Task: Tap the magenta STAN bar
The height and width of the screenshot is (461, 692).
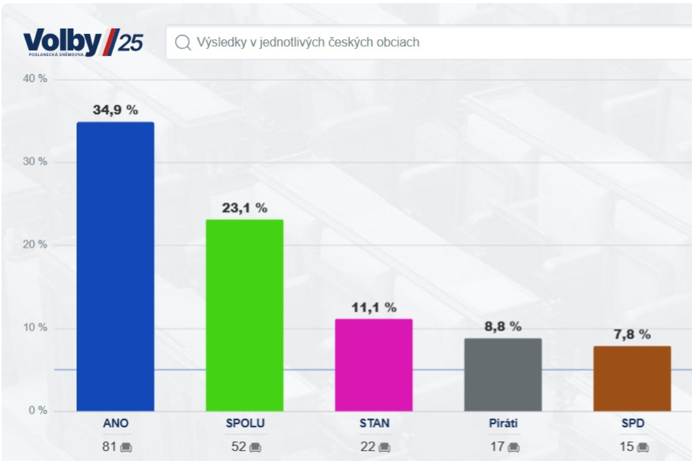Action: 374,365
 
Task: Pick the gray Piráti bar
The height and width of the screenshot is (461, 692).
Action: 503,375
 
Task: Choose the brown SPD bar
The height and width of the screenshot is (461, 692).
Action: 632,379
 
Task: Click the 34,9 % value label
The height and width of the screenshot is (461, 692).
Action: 115,110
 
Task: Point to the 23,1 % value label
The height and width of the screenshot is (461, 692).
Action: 245,208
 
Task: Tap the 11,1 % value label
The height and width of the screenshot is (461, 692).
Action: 374,308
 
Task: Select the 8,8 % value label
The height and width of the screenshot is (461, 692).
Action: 503,327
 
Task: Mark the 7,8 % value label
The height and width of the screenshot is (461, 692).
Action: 632,334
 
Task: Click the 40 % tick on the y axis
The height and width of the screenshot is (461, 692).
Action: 35,78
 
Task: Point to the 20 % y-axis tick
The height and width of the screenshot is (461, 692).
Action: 35,244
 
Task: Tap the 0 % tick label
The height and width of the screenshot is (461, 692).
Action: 37,410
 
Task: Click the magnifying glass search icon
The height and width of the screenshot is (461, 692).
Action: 183,43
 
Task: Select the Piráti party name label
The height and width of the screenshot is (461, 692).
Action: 503,424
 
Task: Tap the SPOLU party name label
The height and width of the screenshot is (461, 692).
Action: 245,424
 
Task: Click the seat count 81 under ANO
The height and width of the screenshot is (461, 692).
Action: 110,447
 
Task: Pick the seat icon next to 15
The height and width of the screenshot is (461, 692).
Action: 644,447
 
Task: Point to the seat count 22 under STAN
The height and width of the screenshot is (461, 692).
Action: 368,447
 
